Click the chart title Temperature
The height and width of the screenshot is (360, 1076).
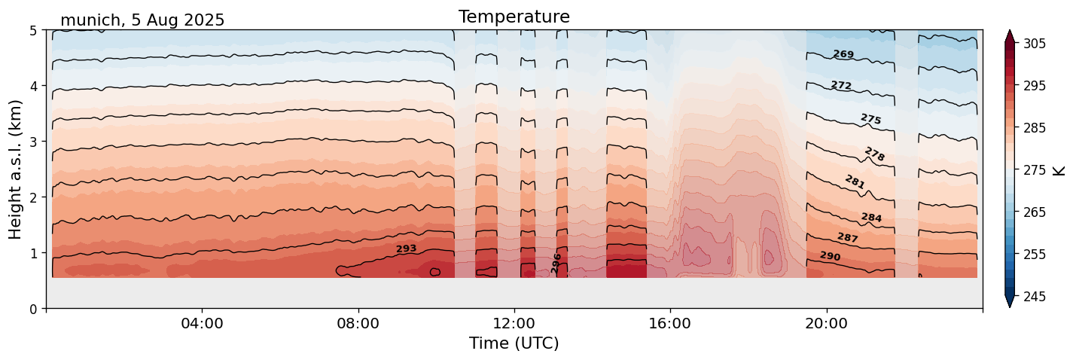coord(514,17)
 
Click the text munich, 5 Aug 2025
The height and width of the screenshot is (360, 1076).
coord(142,20)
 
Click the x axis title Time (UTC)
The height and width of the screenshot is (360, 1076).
coord(514,343)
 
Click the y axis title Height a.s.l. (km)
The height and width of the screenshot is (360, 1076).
coord(16,169)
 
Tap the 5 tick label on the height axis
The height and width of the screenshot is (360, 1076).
coord(34,30)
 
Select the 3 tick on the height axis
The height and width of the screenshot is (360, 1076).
coord(34,142)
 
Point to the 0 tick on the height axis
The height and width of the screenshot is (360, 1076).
coord(34,309)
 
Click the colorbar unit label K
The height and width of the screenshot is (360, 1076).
coord(1060,170)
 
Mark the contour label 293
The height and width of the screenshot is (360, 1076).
coord(406,249)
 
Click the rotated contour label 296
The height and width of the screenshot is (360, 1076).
coord(556,263)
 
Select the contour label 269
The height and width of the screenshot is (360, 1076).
coord(843,54)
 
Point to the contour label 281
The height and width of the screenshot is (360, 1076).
coord(855,182)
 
